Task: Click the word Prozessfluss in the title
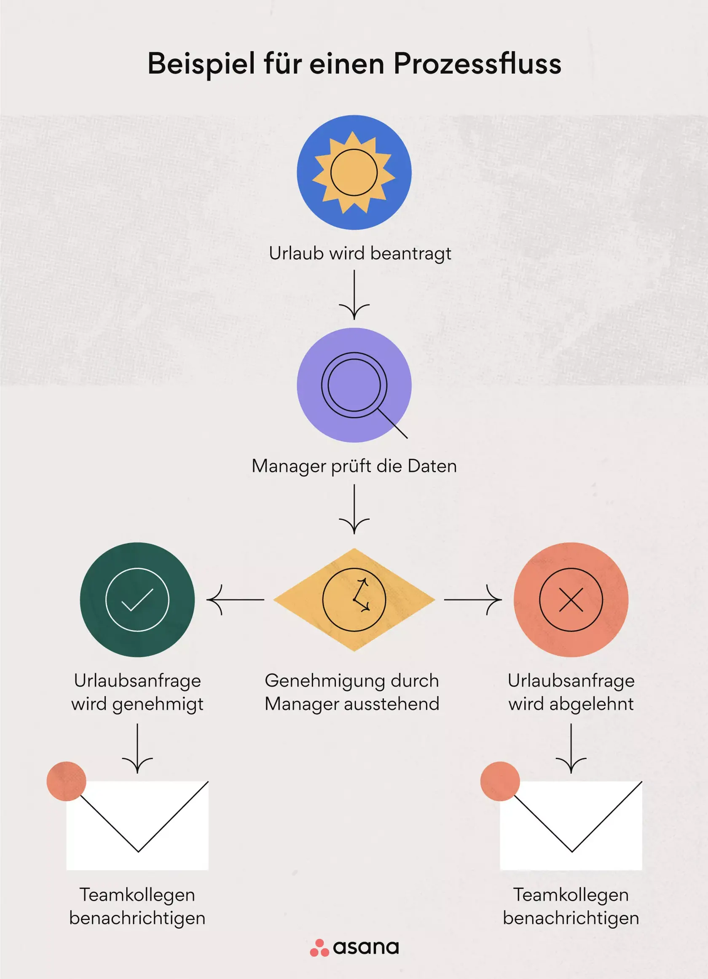coord(477,64)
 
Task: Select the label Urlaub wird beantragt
coord(360,253)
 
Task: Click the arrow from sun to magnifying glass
coord(354,295)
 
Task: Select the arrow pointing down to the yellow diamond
coord(354,509)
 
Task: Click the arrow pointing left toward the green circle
coord(236,600)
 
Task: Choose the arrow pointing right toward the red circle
coord(473,600)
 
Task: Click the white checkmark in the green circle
coord(138,600)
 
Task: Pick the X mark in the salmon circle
coord(571,600)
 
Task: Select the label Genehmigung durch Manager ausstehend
coord(352,692)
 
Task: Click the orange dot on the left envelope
coord(67,781)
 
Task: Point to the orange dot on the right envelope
coord(500,781)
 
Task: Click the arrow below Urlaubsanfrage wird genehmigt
coord(138,749)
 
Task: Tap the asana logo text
coord(366,947)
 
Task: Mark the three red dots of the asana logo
coord(319,948)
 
